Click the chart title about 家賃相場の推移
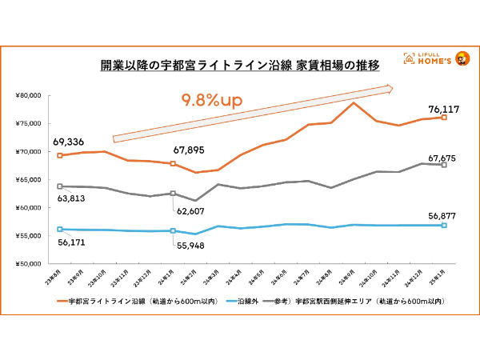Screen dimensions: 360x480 (239, 64)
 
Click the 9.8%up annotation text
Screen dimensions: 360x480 (212, 101)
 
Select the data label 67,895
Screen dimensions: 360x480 (192, 149)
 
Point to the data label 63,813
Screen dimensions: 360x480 (73, 197)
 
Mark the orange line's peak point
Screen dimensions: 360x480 (354, 103)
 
